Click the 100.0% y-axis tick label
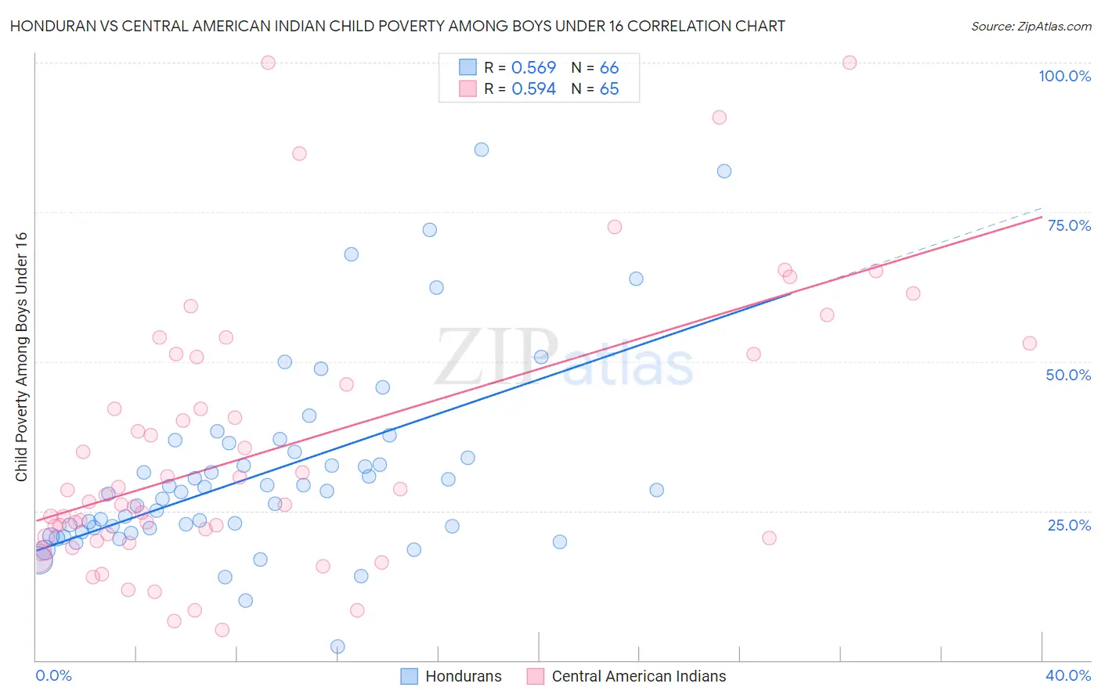pyautogui.click(x=1064, y=76)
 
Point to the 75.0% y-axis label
pyautogui.click(x=1069, y=225)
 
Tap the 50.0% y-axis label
pyautogui.click(x=1068, y=375)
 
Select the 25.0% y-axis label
pyautogui.click(x=1069, y=525)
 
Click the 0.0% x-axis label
pyautogui.click(x=53, y=675)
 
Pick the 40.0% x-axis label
pyautogui.click(x=1068, y=675)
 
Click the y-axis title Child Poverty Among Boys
pyautogui.click(x=21, y=357)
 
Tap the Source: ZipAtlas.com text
pyautogui.click(x=1031, y=26)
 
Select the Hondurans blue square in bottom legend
pyautogui.click(x=409, y=676)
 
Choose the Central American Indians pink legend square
pyautogui.click(x=536, y=676)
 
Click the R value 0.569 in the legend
pyautogui.click(x=533, y=68)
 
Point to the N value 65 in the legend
pyautogui.click(x=609, y=89)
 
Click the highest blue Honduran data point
pyautogui.click(x=482, y=149)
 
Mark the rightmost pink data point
pyautogui.click(x=1030, y=344)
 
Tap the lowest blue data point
pyautogui.click(x=338, y=646)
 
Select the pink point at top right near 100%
pyautogui.click(x=850, y=63)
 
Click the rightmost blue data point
pyautogui.click(x=724, y=171)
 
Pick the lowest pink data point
pyautogui.click(x=222, y=630)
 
